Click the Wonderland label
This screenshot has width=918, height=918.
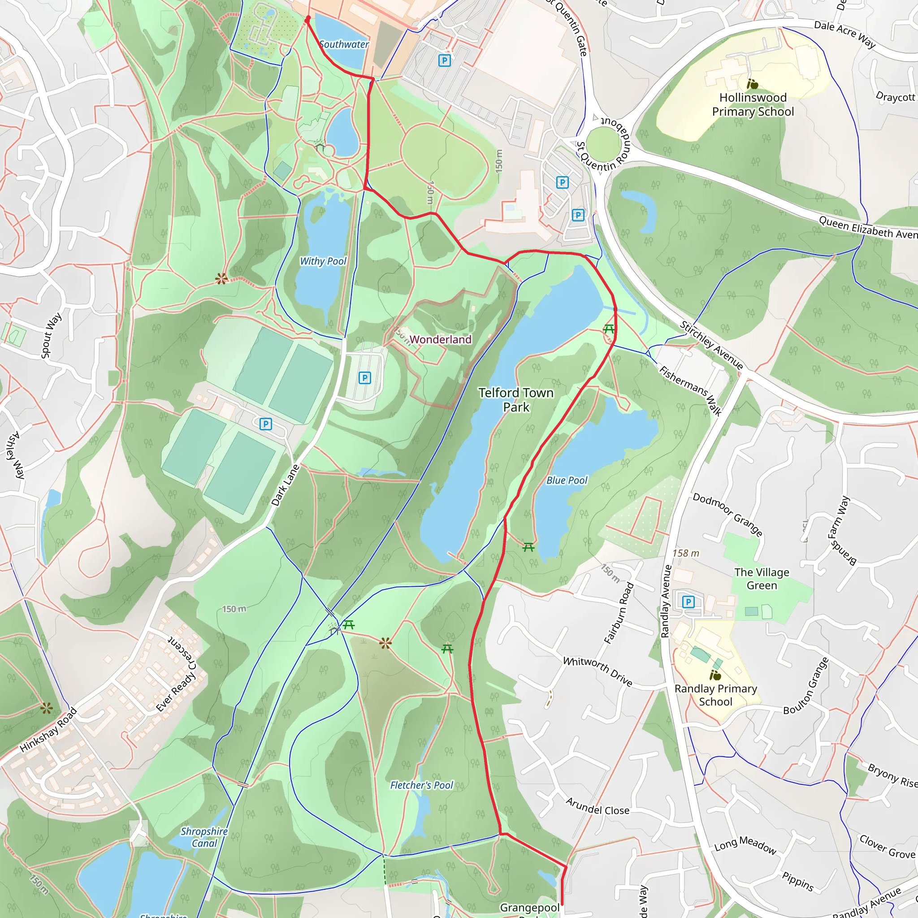(x=440, y=339)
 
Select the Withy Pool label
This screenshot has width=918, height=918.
(x=323, y=261)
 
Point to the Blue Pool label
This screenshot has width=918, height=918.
(x=567, y=481)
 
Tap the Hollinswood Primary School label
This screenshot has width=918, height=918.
(x=753, y=104)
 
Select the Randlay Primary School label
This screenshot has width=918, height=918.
(x=715, y=695)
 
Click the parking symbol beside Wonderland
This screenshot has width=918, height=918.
(x=364, y=378)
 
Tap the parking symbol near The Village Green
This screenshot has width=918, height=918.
(x=688, y=602)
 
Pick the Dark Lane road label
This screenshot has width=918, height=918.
(x=285, y=485)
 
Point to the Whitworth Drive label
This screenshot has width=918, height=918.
(x=597, y=671)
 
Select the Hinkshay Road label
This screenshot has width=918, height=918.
(x=48, y=730)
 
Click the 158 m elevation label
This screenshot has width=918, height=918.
(x=686, y=553)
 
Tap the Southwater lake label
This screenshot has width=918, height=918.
(x=343, y=44)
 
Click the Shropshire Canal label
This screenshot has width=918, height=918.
(x=204, y=837)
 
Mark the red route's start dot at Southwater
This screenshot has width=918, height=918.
(x=307, y=18)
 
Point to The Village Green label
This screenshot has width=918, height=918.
(x=762, y=579)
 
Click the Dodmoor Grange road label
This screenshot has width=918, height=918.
(x=727, y=515)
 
